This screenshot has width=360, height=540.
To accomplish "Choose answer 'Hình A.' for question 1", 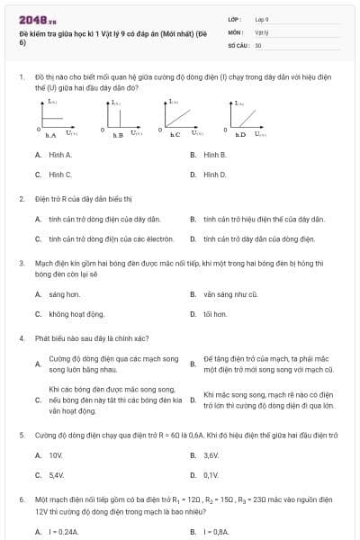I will [x=60, y=155].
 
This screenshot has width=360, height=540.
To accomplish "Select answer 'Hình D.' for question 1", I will [x=215, y=174].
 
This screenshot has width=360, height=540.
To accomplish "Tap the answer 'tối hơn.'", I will [x=215, y=314].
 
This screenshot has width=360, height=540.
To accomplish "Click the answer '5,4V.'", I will [x=57, y=474].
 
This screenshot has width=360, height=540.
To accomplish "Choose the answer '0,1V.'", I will [x=211, y=474].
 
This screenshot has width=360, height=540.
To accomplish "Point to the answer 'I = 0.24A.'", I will [x=65, y=532].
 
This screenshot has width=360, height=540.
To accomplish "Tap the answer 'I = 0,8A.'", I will [x=216, y=532].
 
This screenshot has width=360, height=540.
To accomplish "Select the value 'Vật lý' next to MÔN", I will [x=262, y=31].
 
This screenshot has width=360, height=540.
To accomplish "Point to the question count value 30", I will [x=258, y=44].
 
